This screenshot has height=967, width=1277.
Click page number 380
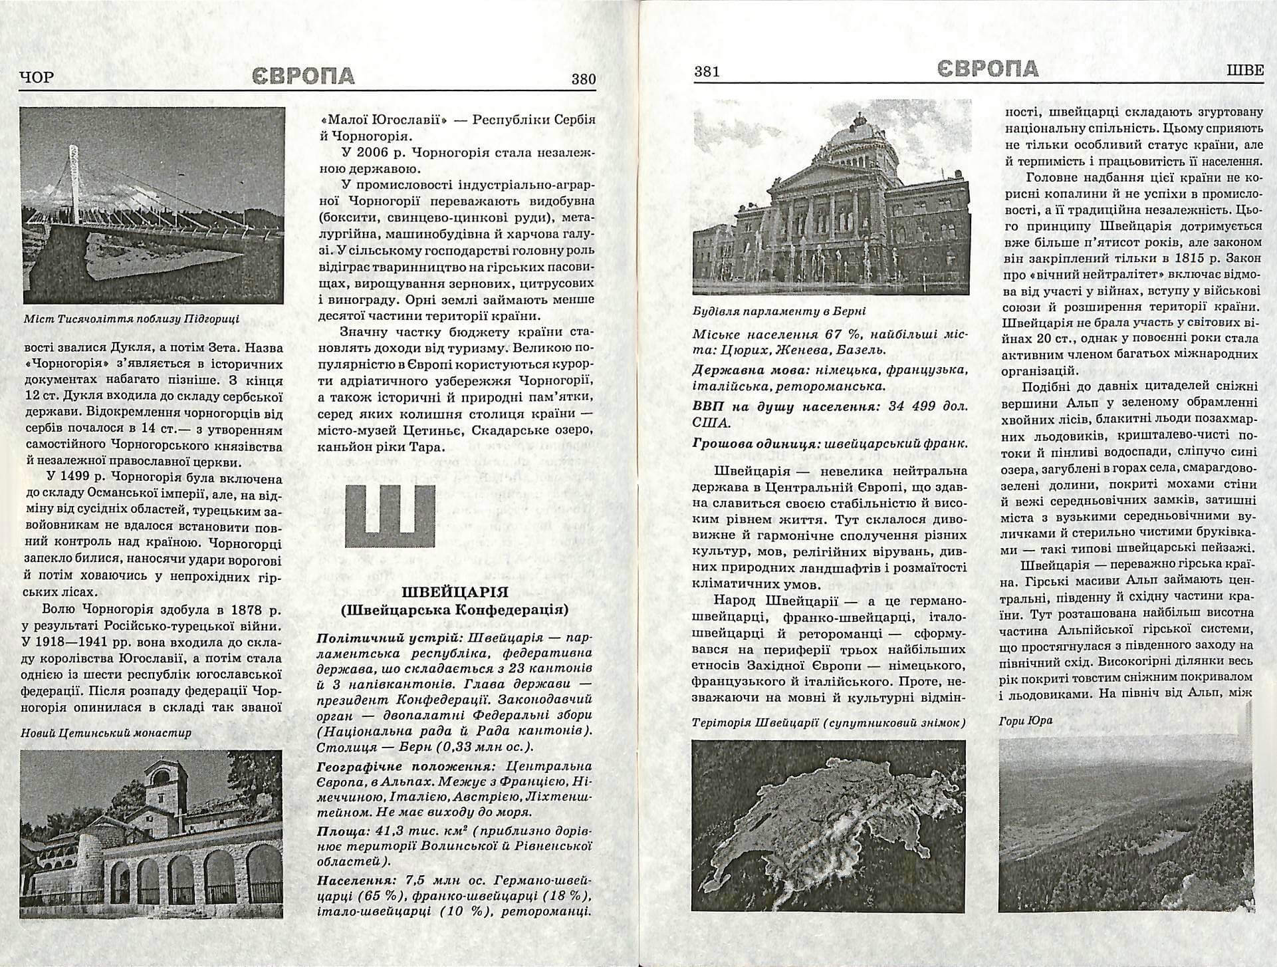pyautogui.click(x=583, y=80)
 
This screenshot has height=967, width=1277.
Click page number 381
pyautogui.click(x=707, y=72)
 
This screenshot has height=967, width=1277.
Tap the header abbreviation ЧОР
pyautogui.click(x=37, y=78)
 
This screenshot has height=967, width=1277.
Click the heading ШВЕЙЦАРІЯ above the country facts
pyautogui.click(x=455, y=592)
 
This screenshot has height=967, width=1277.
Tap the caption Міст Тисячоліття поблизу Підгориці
pyautogui.click(x=132, y=318)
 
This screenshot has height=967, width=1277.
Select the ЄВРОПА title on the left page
pyautogui.click(x=303, y=76)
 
